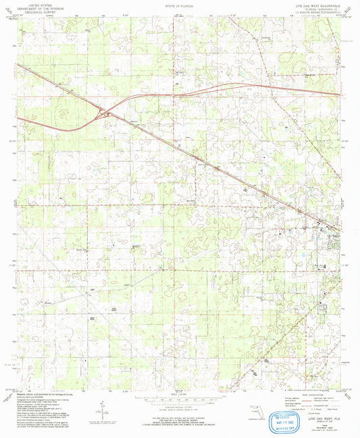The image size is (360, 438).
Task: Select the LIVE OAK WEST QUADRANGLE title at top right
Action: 317,4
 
